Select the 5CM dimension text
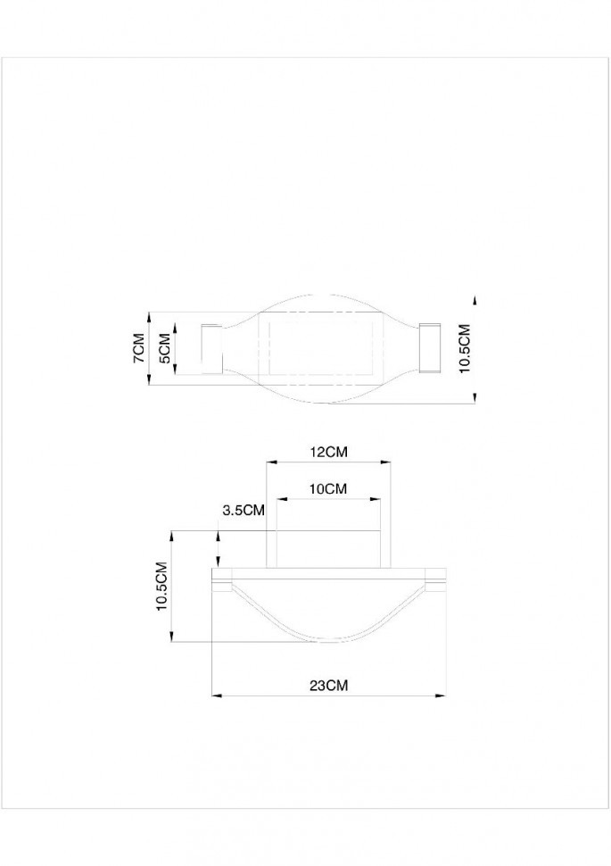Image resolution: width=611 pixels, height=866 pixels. [163, 348]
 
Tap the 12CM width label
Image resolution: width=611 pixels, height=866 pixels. [328, 453]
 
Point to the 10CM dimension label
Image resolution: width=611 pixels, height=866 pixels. [327, 489]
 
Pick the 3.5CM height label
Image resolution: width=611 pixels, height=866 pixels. [244, 511]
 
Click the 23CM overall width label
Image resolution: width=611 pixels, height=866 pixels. [327, 686]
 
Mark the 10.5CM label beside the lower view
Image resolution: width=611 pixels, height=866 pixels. [161, 586]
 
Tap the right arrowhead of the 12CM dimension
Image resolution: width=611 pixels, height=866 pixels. [386, 462]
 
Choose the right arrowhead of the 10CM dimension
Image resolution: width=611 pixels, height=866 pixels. [380, 498]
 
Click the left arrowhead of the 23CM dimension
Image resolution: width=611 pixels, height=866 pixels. [215, 695]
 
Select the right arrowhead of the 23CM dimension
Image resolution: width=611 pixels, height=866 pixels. [441, 695]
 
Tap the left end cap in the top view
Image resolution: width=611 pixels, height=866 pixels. [211, 348]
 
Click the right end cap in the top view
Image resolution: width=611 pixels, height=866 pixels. [430, 348]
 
